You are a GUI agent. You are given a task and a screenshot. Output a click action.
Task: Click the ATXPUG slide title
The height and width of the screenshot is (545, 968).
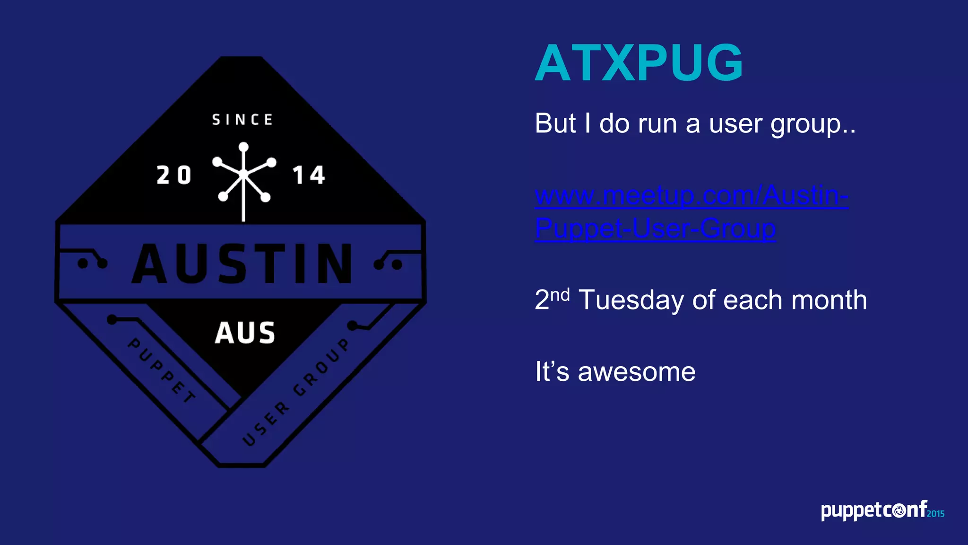[x=639, y=63]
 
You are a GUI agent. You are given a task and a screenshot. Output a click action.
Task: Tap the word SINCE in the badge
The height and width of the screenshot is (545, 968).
[x=242, y=120]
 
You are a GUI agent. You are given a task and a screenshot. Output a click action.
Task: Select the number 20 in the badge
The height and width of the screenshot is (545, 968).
[x=174, y=176]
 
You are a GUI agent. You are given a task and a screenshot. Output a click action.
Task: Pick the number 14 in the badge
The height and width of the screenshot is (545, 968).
[x=309, y=176]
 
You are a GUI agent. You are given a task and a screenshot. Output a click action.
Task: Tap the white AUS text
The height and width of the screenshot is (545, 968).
[x=245, y=333]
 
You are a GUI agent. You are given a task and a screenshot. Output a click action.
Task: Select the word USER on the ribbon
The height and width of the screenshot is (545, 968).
[x=265, y=424]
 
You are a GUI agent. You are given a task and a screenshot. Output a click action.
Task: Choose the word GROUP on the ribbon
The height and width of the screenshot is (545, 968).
[x=322, y=367]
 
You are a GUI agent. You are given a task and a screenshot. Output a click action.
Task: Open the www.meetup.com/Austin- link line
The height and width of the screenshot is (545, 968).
[x=691, y=195]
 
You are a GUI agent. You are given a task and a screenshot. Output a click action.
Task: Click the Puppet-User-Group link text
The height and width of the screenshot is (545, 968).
[x=655, y=228]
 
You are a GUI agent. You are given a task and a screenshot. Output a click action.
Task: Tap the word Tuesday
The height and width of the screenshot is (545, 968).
[x=633, y=300]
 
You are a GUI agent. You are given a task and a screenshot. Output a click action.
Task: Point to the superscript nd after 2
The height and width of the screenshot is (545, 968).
[x=560, y=295]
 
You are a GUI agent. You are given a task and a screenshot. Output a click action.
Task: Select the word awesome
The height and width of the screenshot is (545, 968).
[x=637, y=371]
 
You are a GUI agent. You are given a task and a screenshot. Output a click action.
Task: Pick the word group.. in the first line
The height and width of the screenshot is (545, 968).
[x=813, y=124]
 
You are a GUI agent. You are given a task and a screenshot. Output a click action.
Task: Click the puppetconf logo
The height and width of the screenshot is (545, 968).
[x=874, y=510]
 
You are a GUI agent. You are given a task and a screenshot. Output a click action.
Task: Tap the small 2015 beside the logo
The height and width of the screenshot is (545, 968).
[x=935, y=514]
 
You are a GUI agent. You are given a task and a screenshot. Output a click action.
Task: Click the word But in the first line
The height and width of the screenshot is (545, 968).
[x=556, y=123]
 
